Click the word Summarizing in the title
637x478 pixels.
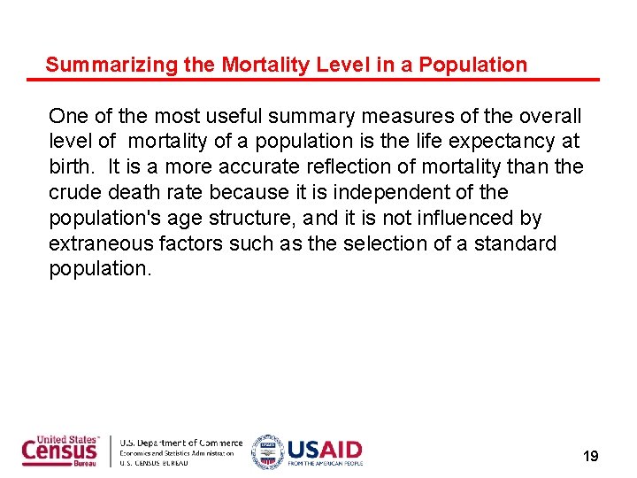point(98,65)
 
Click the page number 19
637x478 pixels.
point(590,457)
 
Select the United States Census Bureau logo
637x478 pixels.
point(60,451)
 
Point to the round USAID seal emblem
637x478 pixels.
point(266,451)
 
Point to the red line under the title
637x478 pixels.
point(313,81)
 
